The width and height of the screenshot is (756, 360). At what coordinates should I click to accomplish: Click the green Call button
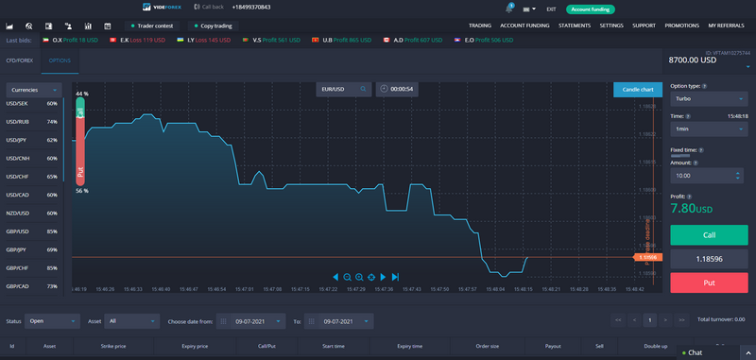709,235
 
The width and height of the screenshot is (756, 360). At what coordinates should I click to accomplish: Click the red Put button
709,281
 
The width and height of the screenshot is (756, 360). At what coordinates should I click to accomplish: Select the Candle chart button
637,90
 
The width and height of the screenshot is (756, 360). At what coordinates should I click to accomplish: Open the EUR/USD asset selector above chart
342,89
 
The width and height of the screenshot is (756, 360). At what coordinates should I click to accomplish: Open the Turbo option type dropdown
709,97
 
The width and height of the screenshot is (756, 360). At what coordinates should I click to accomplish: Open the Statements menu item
575,26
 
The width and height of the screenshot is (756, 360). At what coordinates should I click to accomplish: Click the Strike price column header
112,347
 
